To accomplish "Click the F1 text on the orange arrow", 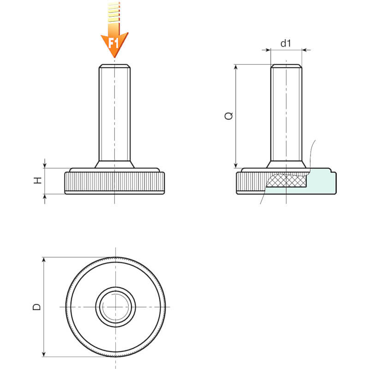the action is coord(113,43).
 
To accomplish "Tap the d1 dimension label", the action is coord(286,43).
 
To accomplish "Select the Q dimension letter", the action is coord(229,116).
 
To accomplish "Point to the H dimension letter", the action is coord(38,180).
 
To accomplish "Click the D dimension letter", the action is coord(37,307).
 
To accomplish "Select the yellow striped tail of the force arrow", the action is coord(114,12).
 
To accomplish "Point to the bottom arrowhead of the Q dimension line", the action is coord(236,165).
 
